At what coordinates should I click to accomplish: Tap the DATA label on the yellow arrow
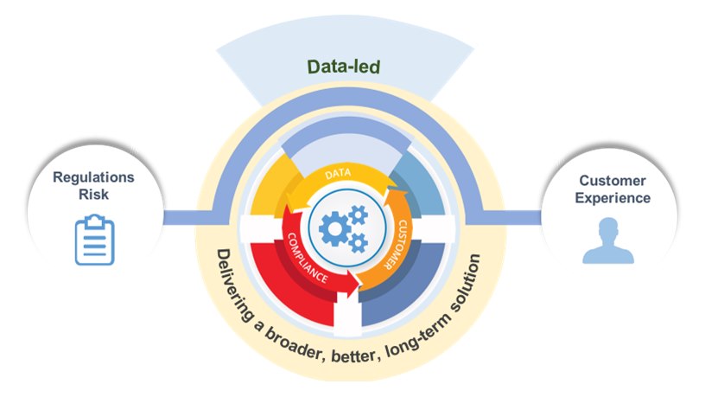click(340, 175)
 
